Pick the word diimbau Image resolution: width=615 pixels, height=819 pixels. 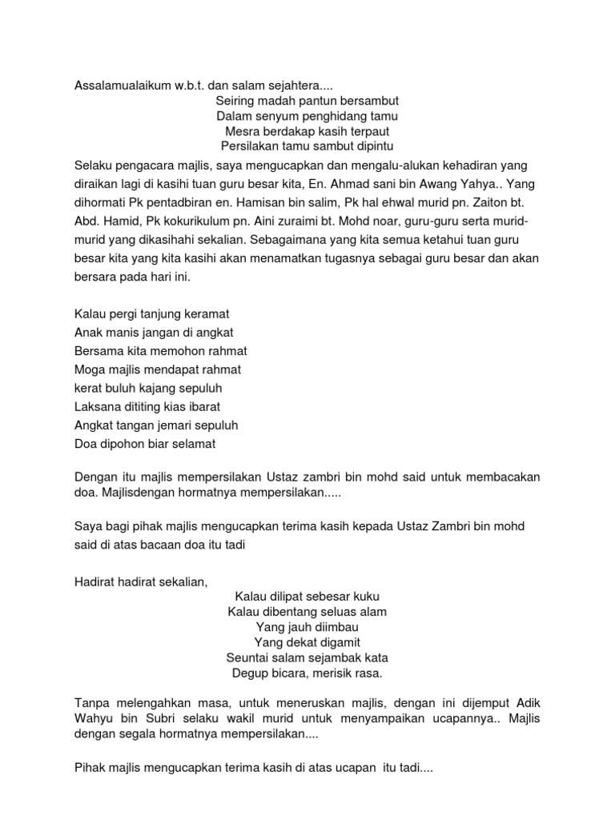(x=336, y=627)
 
